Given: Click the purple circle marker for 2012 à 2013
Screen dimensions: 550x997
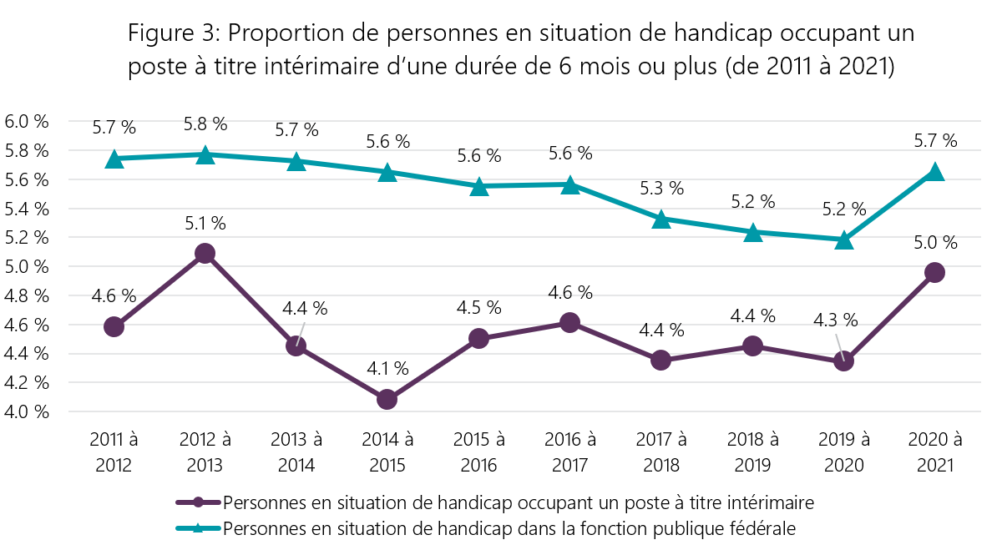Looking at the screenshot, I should (x=205, y=253).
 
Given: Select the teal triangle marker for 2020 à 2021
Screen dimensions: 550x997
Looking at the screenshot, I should (x=934, y=172).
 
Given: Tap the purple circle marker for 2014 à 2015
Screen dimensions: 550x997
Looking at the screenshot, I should (x=387, y=399).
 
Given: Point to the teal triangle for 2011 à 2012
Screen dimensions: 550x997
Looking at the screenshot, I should (x=114, y=159).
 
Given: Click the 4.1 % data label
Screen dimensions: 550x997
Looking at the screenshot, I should (x=387, y=368).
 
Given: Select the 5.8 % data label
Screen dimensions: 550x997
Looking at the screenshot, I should (x=205, y=124).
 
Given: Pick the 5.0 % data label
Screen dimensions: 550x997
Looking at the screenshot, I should (x=935, y=243).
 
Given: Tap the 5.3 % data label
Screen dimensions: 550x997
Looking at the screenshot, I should (x=662, y=188).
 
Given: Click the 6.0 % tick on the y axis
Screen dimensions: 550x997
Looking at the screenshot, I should (x=28, y=121).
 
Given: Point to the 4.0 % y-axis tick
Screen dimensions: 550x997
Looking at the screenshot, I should (x=28, y=411).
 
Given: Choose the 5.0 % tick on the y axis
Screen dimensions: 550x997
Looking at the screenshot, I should (x=28, y=266).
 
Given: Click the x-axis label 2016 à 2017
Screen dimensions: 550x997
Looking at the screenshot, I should (x=569, y=452).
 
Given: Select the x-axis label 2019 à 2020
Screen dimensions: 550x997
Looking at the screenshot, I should (x=843, y=452).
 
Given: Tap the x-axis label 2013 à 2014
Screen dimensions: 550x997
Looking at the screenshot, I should (x=296, y=452).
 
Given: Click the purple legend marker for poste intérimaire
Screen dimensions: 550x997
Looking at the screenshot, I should (x=199, y=502).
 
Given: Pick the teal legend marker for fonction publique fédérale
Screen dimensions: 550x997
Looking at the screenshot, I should (x=199, y=527).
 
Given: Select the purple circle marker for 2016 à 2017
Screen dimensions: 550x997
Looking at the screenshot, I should (x=569, y=322).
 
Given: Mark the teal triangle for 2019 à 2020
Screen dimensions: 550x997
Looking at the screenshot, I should (x=843, y=240).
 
